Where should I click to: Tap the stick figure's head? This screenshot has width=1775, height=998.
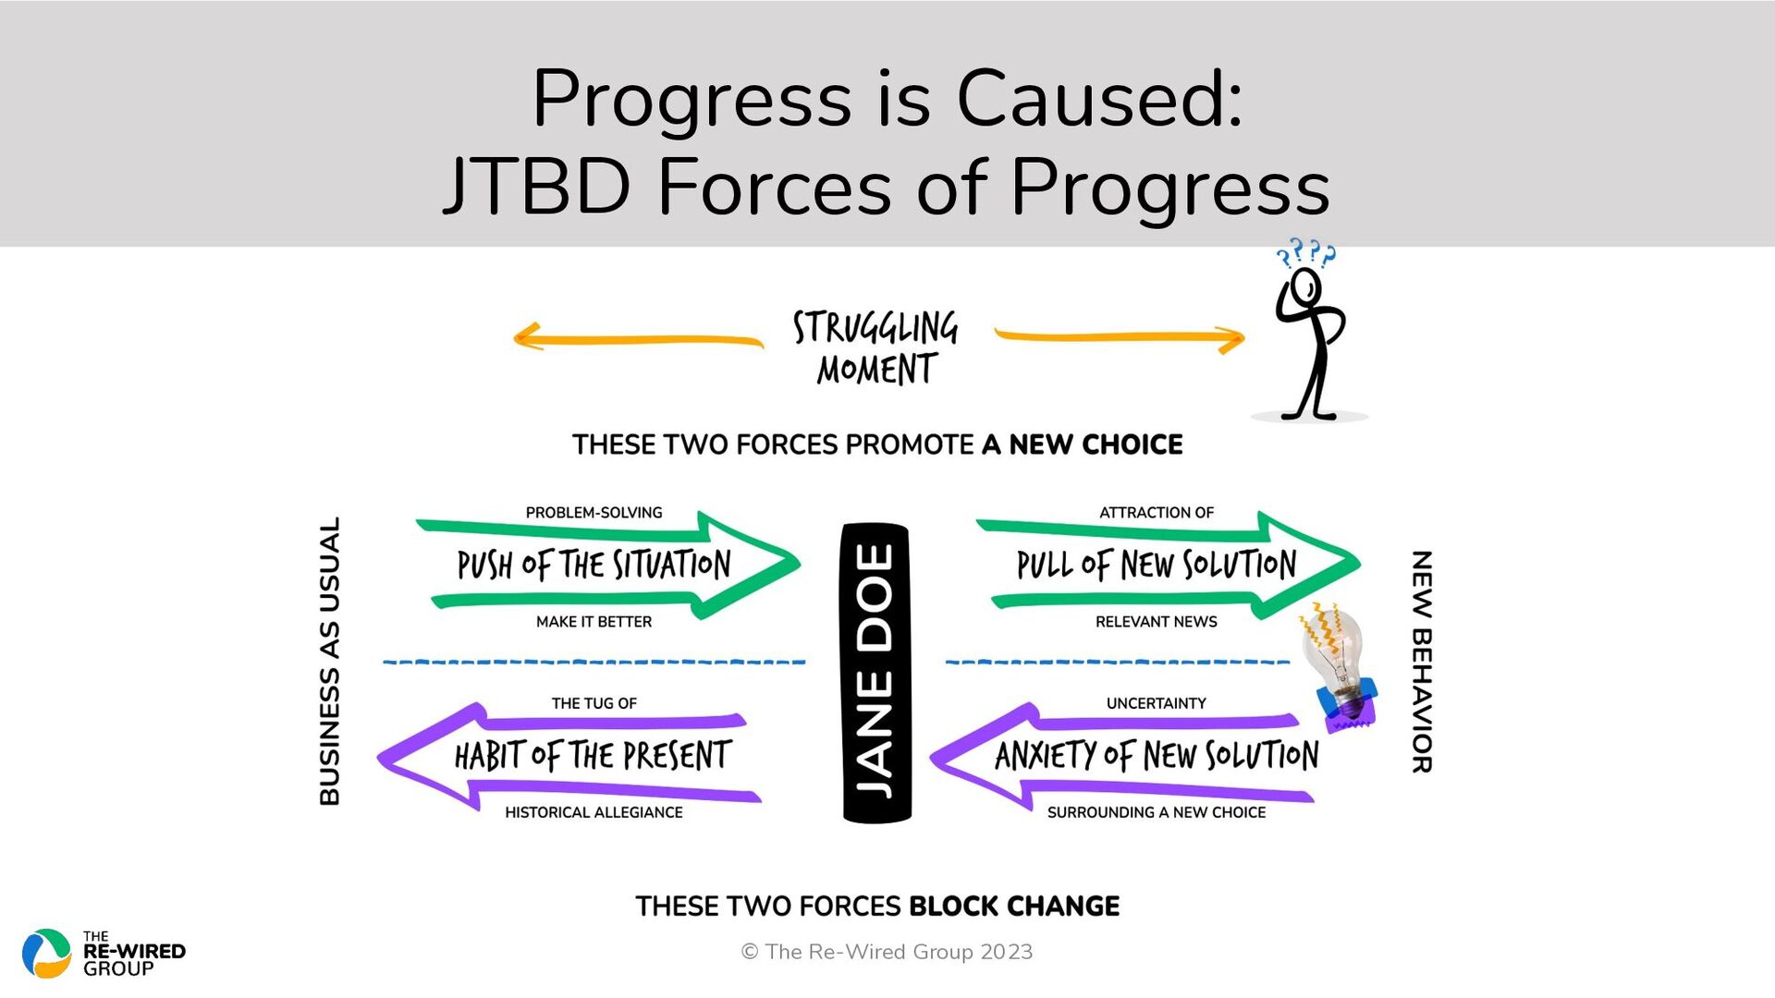coord(1305,286)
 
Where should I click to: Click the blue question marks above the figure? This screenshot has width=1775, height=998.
coord(1305,252)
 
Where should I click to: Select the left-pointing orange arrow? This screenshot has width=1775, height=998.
coord(638,338)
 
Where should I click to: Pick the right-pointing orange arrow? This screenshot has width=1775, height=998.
coord(1120,338)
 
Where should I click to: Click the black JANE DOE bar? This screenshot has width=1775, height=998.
coord(876,673)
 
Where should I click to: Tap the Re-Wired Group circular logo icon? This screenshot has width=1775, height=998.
coord(46,954)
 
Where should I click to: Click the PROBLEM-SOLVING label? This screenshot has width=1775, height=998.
coord(594,513)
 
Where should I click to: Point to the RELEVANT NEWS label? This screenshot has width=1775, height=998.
coord(1156,622)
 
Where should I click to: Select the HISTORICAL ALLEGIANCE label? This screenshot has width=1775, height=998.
coord(594,812)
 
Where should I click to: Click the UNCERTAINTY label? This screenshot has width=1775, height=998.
coord(1156,703)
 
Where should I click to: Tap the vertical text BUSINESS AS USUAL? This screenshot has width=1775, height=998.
coord(330,661)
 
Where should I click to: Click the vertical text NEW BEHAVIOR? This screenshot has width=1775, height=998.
coord(1422,662)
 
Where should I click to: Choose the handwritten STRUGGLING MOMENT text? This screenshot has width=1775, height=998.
coord(875,347)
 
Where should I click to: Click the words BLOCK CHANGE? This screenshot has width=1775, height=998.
coord(1014,907)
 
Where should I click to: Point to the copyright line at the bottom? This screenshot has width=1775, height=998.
coord(887,952)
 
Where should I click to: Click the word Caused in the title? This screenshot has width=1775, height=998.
coord(1099,99)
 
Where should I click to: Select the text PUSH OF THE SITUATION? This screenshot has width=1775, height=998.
coord(594,565)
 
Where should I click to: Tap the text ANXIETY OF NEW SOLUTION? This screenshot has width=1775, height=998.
coord(1157,756)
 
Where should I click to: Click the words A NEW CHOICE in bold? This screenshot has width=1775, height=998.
coord(1083,444)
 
